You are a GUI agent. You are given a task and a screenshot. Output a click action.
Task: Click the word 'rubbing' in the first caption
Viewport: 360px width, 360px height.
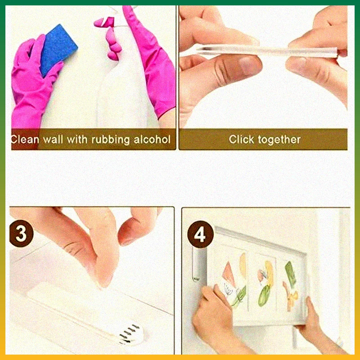[x=109, y=139]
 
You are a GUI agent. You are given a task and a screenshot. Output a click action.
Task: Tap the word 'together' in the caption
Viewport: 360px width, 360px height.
[x=281, y=139]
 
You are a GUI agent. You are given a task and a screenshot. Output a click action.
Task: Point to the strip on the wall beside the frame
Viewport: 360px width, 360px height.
[x=197, y=265]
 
